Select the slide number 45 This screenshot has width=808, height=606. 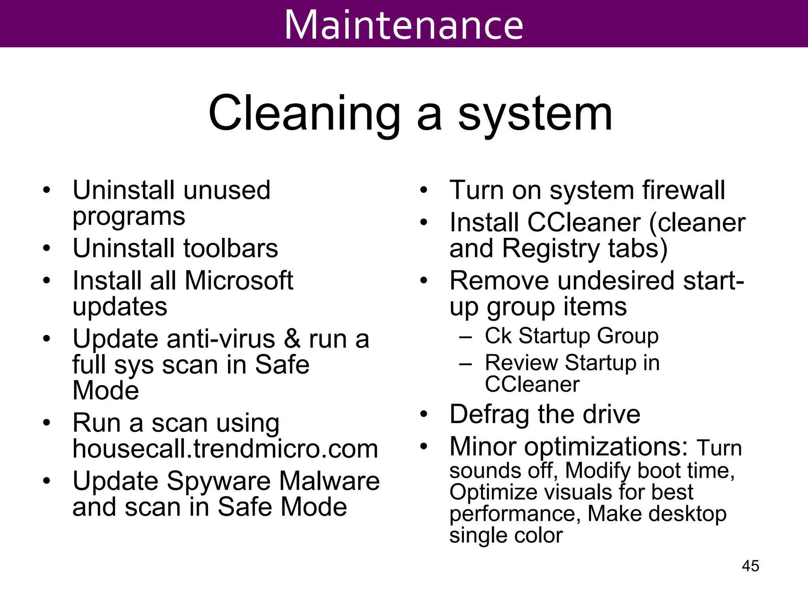pos(750,566)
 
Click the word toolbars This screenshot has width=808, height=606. pos(231,248)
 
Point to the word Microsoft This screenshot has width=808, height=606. pos(239,281)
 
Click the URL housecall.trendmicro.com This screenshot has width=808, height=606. pos(225,449)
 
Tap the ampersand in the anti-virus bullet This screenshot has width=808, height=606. pos(292,339)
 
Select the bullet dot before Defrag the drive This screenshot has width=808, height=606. pos(424,414)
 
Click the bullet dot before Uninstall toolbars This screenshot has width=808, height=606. pos(47,249)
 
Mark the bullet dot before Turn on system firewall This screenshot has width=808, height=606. pos(424,190)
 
